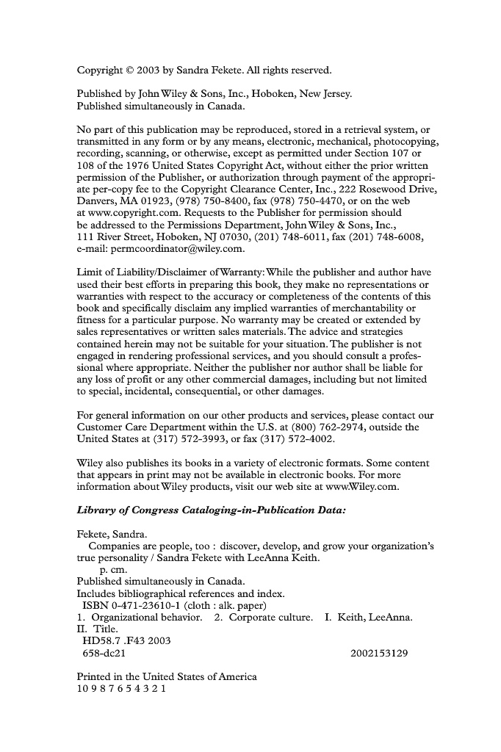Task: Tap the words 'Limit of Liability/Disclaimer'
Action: tap(140, 273)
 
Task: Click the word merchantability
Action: tap(363, 308)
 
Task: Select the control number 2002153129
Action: tap(380, 653)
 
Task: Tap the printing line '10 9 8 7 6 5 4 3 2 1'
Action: tap(122, 689)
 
